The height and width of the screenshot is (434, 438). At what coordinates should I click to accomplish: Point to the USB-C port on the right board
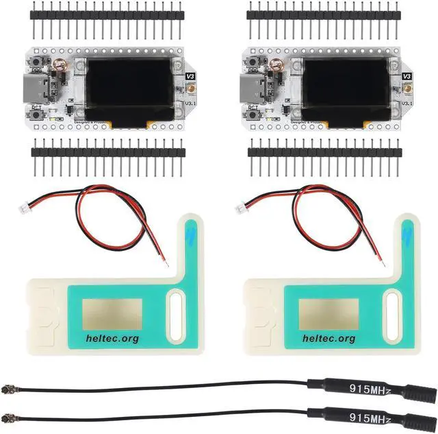click(x=253, y=88)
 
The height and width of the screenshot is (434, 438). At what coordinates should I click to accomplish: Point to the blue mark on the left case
click(x=190, y=239)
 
